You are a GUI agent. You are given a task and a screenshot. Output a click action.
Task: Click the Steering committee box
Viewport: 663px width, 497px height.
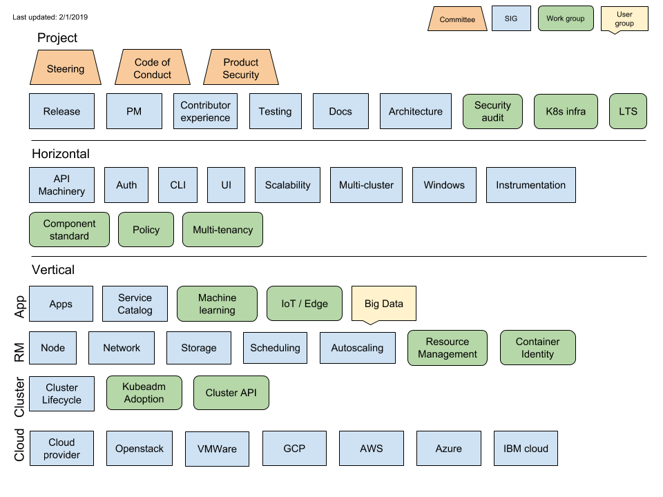[x=66, y=68]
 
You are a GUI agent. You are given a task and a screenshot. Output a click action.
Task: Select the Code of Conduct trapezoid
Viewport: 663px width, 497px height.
[x=152, y=68]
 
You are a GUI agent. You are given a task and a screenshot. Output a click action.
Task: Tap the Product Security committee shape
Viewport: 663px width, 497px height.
[x=240, y=68]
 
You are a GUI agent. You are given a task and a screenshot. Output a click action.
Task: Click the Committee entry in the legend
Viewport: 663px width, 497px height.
[x=457, y=19]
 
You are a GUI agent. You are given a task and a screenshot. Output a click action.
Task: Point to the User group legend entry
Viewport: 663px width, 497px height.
[x=624, y=19]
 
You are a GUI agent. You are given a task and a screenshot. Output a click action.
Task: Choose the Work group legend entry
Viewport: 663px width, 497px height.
[x=565, y=19]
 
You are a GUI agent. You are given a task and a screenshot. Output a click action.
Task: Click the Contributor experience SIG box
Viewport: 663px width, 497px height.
[x=205, y=111]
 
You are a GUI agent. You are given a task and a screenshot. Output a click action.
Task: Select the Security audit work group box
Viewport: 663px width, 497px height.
[x=492, y=111]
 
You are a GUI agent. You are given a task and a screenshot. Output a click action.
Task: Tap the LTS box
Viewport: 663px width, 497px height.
[x=628, y=111]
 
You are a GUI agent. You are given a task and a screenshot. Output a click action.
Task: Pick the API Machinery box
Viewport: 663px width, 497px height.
[x=61, y=185]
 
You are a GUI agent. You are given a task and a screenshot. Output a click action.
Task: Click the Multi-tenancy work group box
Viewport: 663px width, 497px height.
[x=222, y=230]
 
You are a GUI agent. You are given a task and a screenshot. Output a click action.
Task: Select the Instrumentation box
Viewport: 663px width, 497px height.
[x=530, y=185]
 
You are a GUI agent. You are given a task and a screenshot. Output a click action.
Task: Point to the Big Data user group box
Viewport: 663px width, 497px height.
[x=383, y=304]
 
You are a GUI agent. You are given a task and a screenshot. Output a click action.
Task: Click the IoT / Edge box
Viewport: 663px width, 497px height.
[x=305, y=304]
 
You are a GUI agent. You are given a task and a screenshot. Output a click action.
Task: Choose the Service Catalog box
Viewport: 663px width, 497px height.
[x=135, y=304]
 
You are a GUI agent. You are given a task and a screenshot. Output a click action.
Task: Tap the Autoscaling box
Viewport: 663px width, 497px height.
[x=357, y=348]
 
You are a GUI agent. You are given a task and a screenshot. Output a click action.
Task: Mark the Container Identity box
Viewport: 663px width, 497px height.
[x=537, y=348]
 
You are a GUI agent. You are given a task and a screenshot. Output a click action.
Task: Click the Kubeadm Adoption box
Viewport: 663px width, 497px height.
[x=144, y=393]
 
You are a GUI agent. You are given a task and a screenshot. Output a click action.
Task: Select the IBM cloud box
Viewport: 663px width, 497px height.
[x=526, y=449]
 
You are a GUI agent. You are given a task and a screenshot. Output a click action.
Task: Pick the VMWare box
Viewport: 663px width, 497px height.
[x=217, y=449]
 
